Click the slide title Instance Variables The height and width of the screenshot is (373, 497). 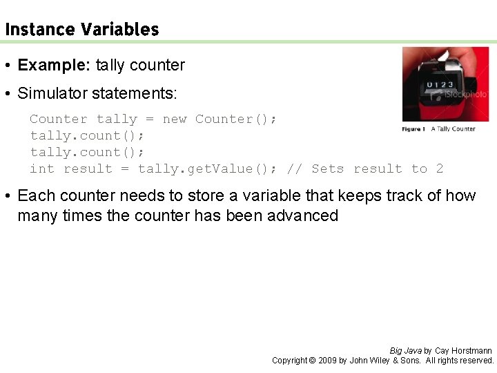click(81, 30)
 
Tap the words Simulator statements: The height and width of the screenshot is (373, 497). click(97, 93)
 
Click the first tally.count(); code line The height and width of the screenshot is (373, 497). click(87, 135)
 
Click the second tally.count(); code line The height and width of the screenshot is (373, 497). click(87, 152)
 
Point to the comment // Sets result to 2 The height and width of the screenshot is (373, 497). click(365, 169)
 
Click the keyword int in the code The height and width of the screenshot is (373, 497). click(41, 169)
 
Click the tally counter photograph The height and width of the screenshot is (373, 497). click(445, 83)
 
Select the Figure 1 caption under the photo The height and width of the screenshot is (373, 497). click(439, 128)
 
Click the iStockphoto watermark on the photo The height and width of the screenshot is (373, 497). click(469, 94)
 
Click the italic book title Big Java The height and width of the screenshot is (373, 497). click(406, 351)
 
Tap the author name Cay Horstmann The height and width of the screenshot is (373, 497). click(463, 351)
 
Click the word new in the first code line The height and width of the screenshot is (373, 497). click(175, 119)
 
